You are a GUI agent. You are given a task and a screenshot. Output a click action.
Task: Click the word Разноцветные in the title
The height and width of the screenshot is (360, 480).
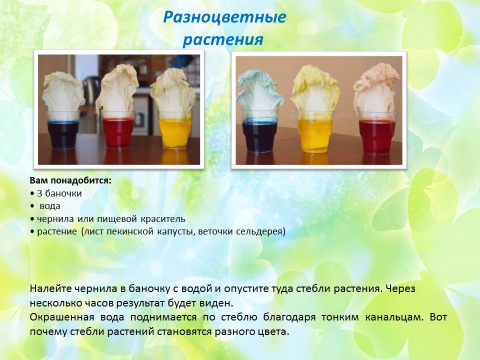[224, 17]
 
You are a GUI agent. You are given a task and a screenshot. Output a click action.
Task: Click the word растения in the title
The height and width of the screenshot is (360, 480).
[223, 39]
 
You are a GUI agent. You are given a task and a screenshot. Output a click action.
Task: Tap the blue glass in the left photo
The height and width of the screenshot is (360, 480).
[63, 130]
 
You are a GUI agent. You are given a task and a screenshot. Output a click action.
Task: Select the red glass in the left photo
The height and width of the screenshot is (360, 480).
[118, 130]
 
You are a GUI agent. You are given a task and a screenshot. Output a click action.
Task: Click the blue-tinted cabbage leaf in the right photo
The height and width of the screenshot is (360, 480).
[259, 95]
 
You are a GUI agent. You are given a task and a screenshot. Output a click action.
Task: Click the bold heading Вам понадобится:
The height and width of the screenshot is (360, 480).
[70, 181]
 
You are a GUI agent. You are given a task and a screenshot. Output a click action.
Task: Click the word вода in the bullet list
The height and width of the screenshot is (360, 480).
[50, 206]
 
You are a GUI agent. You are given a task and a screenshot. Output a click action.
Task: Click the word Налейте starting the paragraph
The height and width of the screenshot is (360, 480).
[47, 288]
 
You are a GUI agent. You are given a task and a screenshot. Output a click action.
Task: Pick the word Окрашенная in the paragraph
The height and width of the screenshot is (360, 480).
[62, 317]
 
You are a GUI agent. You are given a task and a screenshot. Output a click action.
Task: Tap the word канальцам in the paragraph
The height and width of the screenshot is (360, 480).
[394, 317]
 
